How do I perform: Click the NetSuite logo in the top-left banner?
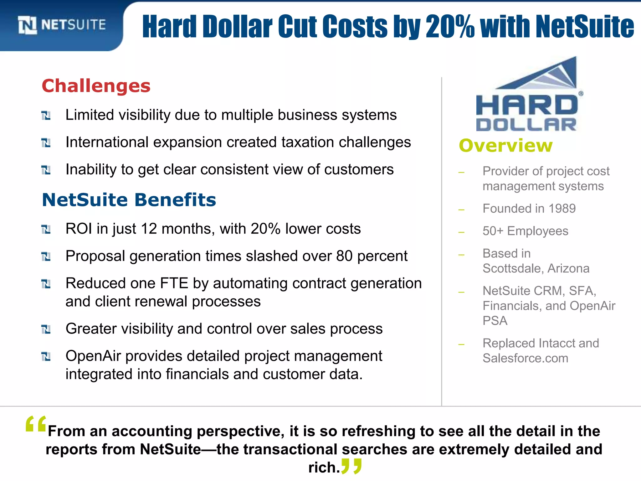(62, 25)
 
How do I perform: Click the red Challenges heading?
(96, 86)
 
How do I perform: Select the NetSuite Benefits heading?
(129, 200)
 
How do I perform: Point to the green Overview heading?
(505, 146)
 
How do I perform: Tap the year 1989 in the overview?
(562, 209)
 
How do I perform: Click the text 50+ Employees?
(525, 231)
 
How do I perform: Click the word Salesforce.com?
(525, 358)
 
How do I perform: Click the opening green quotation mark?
(36, 424)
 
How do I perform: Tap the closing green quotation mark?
(351, 466)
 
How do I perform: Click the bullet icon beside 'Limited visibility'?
(46, 116)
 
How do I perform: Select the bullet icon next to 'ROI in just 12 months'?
(46, 230)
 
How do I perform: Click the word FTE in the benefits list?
(174, 283)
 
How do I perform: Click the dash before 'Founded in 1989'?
(461, 209)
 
